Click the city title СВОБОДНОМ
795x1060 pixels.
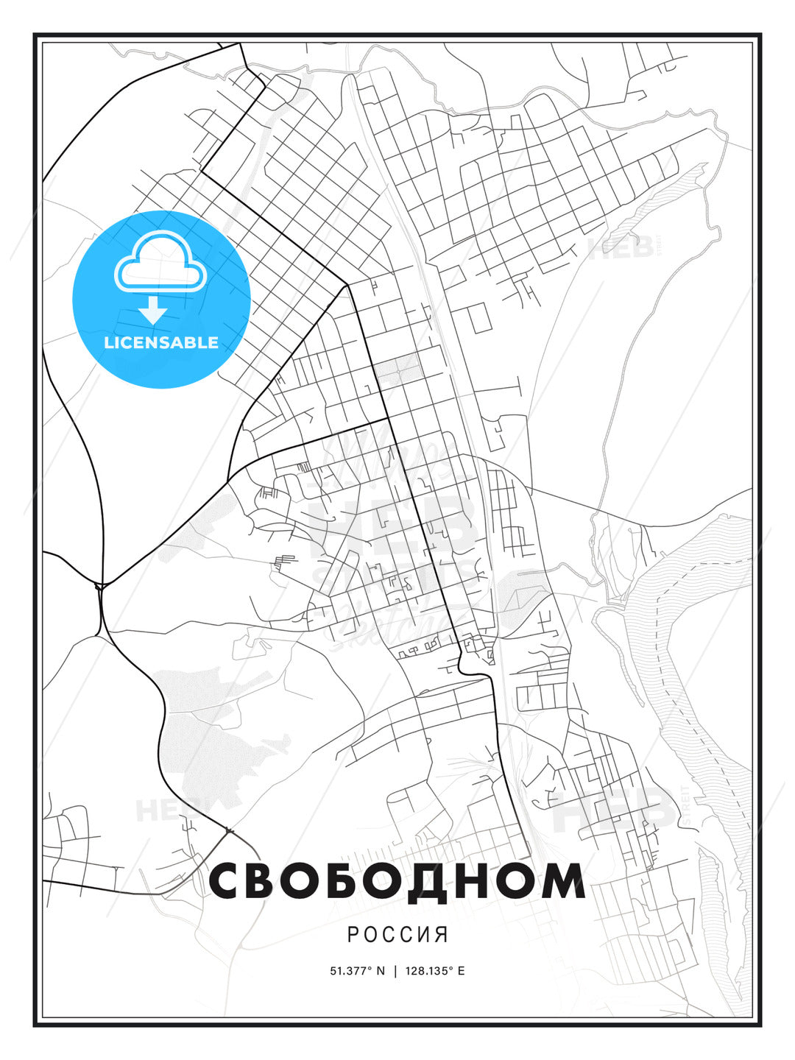397,881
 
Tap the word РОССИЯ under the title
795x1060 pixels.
397,935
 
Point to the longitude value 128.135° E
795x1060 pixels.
434,970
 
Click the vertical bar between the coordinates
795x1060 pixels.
395,970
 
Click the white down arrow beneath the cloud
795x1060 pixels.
153,310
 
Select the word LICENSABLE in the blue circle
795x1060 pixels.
161,342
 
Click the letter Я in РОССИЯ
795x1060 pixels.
442,935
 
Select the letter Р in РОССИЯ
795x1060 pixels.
353,935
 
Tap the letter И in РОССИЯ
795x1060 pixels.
425,935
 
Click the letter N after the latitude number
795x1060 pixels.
381,970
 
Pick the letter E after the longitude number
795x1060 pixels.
461,970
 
